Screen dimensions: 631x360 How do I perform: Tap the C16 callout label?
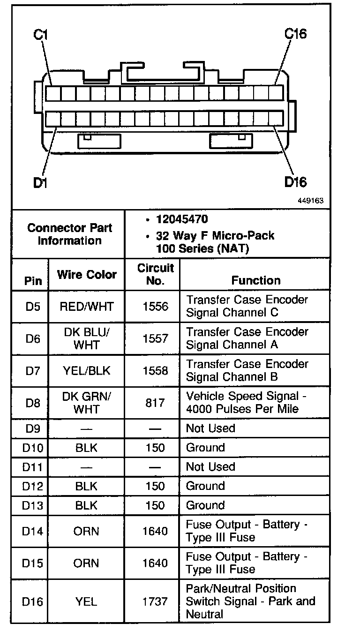(296, 34)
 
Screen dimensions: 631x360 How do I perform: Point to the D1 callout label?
(41, 183)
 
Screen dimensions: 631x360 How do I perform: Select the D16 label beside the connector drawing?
(296, 182)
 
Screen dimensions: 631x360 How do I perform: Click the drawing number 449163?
(310, 200)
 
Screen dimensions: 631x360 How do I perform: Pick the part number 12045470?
(182, 219)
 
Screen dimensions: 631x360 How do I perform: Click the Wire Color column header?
(87, 274)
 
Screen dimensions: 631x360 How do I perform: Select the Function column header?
(256, 280)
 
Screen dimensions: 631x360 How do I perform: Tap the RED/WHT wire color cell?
(87, 307)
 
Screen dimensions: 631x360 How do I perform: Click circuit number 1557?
(155, 338)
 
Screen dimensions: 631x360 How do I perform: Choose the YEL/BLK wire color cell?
(87, 371)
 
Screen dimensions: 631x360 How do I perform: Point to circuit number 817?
(155, 403)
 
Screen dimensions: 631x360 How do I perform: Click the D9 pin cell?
(33, 428)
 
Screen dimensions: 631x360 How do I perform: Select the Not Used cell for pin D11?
(210, 467)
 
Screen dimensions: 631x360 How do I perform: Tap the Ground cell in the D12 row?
(205, 486)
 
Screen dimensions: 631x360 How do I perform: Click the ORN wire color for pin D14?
(87, 531)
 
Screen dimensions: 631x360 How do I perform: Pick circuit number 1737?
(155, 601)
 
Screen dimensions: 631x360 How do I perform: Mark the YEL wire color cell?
(87, 601)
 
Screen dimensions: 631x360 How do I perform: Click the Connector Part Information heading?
(69, 234)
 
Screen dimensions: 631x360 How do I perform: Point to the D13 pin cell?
(33, 505)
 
